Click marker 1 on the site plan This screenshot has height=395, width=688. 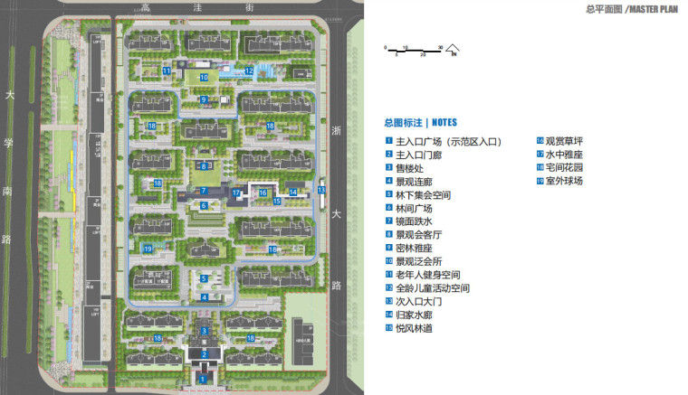pyautogui.click(x=205, y=381)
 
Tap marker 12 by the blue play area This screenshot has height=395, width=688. pyautogui.click(x=249, y=69)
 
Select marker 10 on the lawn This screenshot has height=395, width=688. pyautogui.click(x=205, y=78)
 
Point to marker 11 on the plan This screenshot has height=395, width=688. pyautogui.click(x=167, y=70)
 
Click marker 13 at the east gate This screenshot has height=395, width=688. pyautogui.click(x=321, y=190)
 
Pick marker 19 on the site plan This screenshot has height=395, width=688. pyautogui.click(x=148, y=249)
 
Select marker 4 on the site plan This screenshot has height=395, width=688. pyautogui.click(x=205, y=296)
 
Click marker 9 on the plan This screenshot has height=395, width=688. pyautogui.click(x=205, y=99)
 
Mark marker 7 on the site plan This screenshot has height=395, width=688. pyautogui.click(x=205, y=192)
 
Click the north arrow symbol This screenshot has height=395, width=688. pyautogui.click(x=453, y=52)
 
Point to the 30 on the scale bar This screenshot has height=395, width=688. pyautogui.click(x=440, y=46)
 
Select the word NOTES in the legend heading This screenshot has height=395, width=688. pyautogui.click(x=444, y=122)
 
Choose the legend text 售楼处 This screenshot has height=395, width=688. pyautogui.click(x=410, y=168)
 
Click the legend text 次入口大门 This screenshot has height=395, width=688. pyautogui.click(x=419, y=301)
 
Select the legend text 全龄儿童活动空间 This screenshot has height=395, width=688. pyautogui.click(x=434, y=287)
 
